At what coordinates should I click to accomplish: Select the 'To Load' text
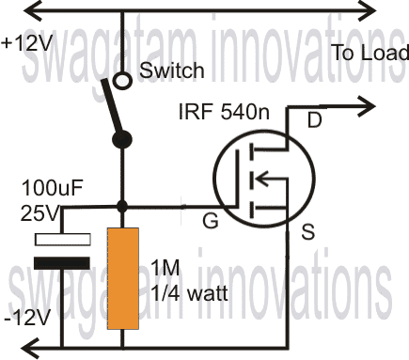coord(370,53)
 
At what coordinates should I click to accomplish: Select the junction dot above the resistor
coord(121,205)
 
